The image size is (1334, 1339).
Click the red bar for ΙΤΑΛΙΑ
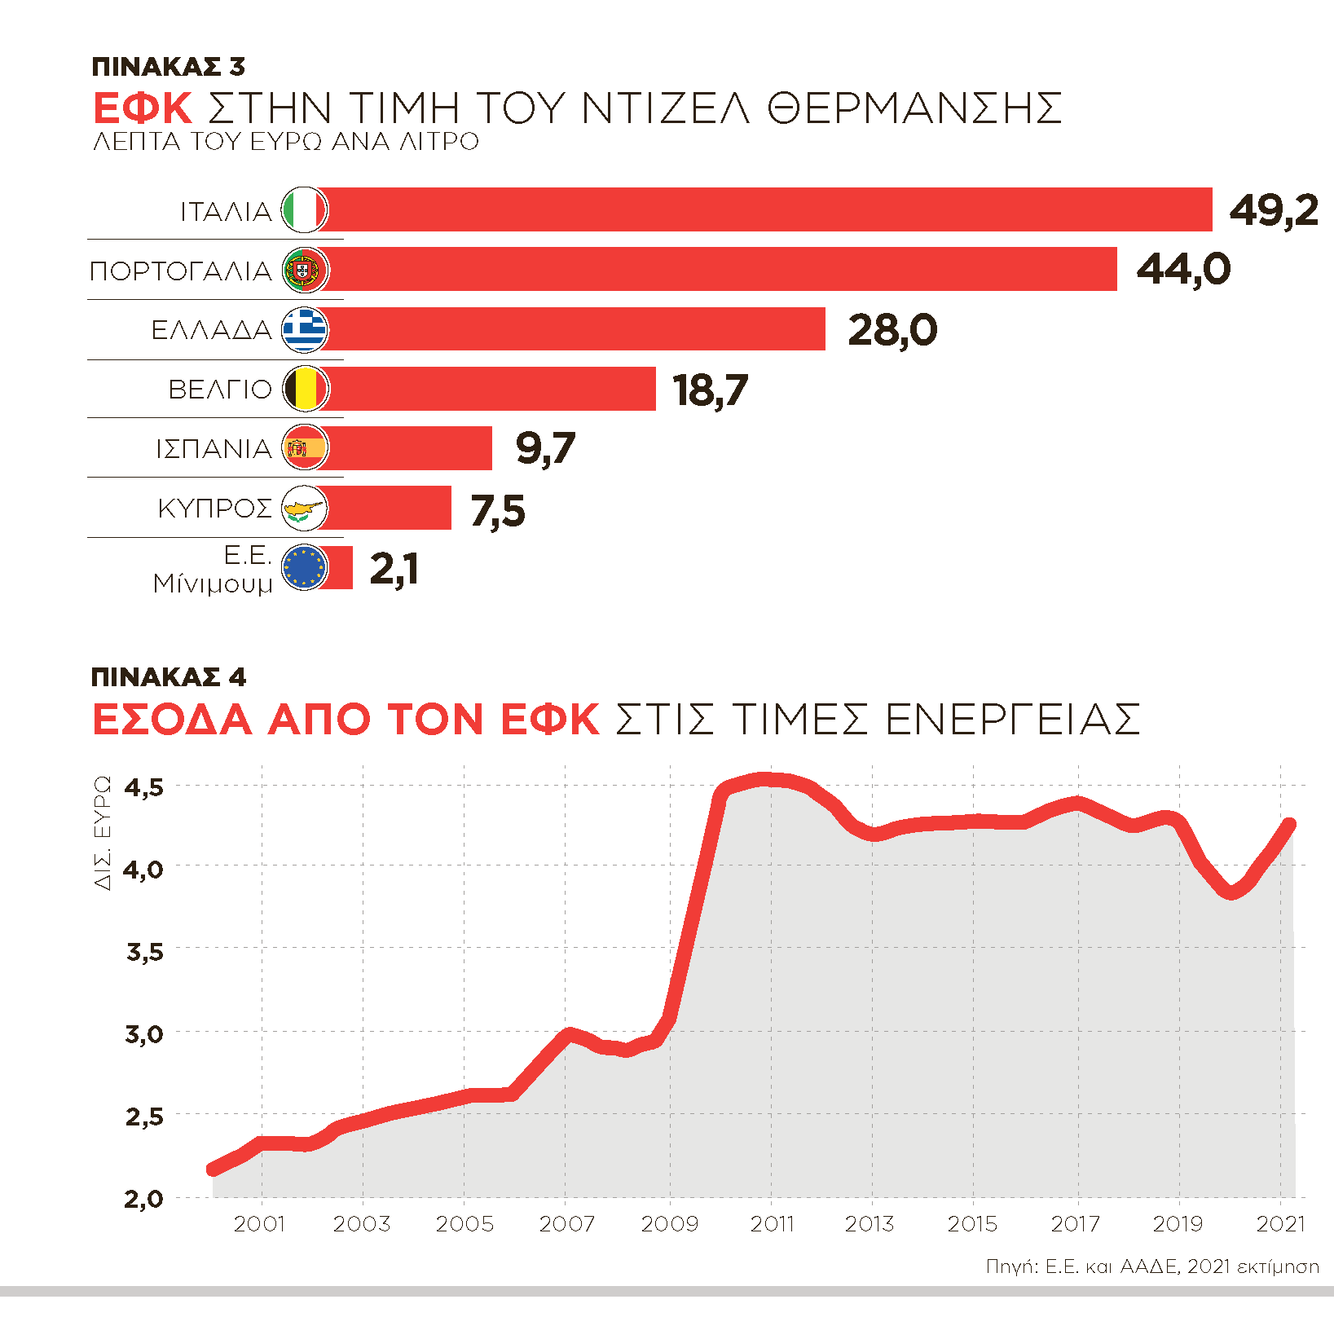[766, 209]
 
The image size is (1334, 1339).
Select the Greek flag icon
[305, 329]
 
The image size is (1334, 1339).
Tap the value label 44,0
[1183, 269]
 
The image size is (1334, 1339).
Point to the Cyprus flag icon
[305, 509]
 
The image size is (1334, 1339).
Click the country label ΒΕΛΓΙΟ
[220, 390]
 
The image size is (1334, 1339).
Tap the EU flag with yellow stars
[305, 568]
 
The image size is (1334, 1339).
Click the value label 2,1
[394, 569]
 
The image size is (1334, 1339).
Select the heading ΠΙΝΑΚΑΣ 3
[169, 67]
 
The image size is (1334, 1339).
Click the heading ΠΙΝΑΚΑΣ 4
[169, 677]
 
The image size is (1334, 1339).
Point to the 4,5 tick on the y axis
[144, 787]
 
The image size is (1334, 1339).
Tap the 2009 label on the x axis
[670, 1223]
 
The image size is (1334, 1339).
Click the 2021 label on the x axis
[1280, 1223]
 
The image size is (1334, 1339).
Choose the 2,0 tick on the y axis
[144, 1199]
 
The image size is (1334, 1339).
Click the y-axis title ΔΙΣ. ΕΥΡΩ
[103, 832]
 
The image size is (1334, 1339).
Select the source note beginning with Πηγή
[1152, 1266]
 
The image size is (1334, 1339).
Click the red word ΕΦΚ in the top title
[143, 108]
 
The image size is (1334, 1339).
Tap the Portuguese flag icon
[305, 270]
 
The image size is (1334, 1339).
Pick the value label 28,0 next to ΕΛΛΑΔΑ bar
[892, 330]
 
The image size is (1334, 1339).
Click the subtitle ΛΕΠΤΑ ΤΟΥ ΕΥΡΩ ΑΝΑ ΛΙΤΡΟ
[286, 142]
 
